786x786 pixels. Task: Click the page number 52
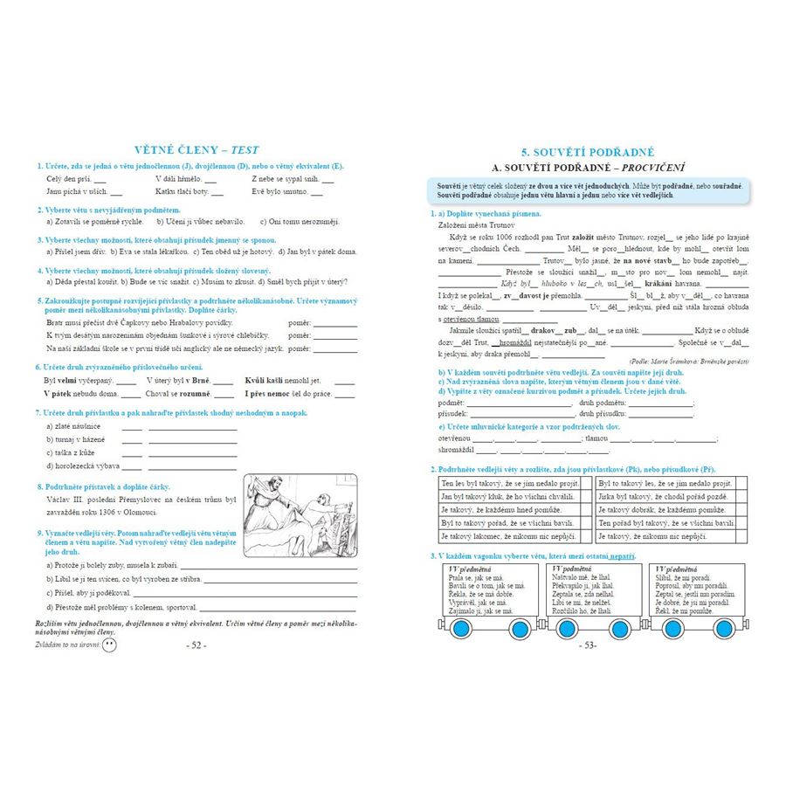pyautogui.click(x=196, y=645)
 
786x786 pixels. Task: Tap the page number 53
pyautogui.click(x=588, y=645)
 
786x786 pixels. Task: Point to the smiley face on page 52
pyautogui.click(x=109, y=645)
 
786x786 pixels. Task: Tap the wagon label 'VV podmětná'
pyautogui.click(x=572, y=569)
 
